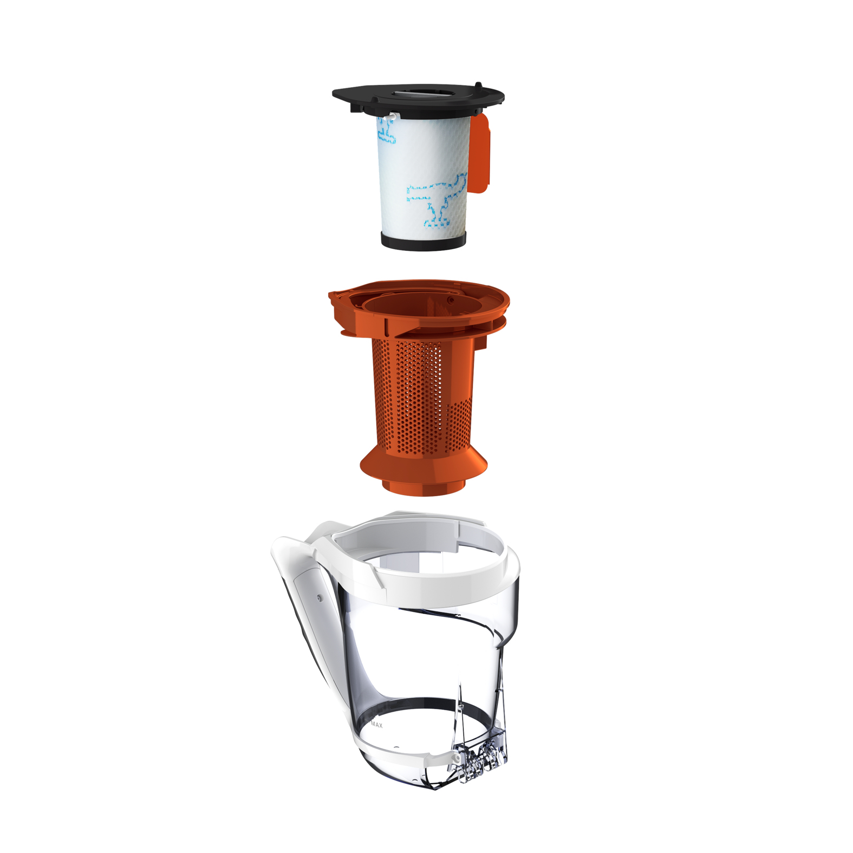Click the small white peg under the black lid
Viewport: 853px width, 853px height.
(389, 116)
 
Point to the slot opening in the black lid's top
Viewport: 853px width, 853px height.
(418, 93)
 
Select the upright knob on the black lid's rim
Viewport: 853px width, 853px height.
(478, 86)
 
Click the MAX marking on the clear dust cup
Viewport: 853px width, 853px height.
(376, 725)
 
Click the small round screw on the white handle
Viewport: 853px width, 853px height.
(319, 598)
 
